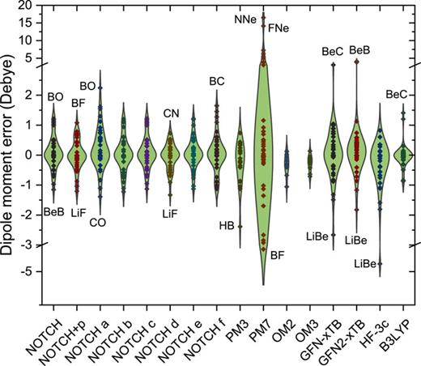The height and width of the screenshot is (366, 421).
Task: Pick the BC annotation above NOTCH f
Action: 217,81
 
